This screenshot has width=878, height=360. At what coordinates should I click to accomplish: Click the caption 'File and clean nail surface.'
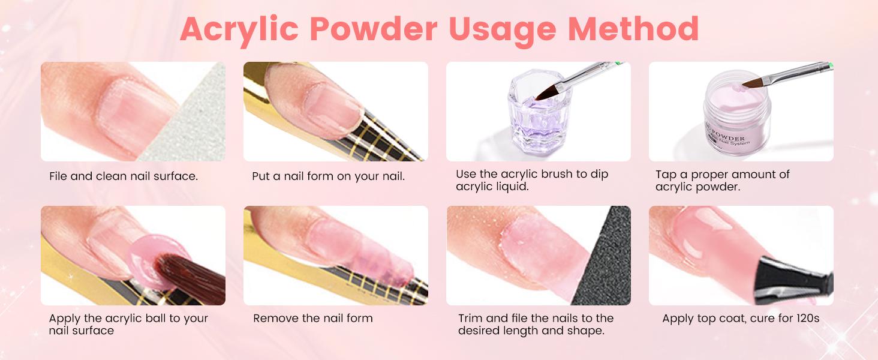click(124, 176)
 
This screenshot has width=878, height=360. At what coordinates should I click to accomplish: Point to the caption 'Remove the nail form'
click(312, 318)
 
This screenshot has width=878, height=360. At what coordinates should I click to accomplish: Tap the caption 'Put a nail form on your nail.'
click(328, 176)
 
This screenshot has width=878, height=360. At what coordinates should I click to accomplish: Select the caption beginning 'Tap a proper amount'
click(723, 181)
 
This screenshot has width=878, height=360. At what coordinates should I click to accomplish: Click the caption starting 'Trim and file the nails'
click(536, 324)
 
